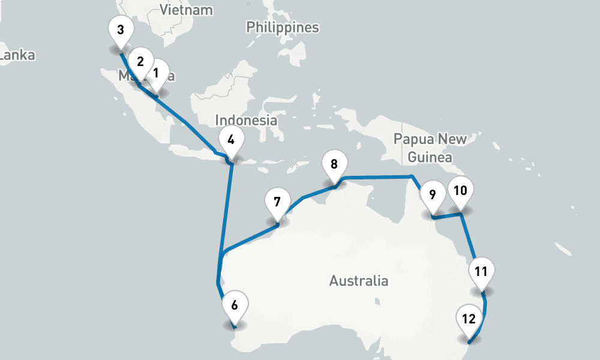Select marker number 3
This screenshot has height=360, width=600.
click(121, 30)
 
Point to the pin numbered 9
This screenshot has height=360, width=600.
click(432, 196)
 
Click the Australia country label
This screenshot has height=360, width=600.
click(358, 281)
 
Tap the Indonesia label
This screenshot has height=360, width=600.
click(246, 121)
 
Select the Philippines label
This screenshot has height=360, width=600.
click(282, 28)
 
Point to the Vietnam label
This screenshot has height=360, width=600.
click(186, 10)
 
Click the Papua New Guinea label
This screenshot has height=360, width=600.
click(430, 148)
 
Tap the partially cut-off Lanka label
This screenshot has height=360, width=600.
click(17, 56)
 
